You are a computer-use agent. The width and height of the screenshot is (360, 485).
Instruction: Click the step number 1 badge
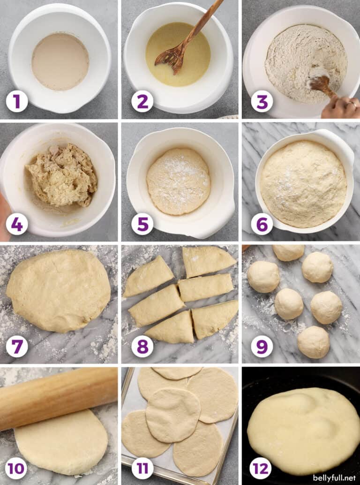[x=17, y=101]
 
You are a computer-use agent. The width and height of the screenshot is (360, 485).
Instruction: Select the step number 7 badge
[x=17, y=347]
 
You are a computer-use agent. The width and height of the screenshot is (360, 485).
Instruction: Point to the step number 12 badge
[x=261, y=468]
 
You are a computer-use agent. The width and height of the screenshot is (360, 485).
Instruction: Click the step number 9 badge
[x=262, y=347]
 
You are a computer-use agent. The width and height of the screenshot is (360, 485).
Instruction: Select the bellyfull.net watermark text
[x=333, y=477]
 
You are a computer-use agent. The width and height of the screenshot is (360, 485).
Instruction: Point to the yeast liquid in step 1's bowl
[x=60, y=61]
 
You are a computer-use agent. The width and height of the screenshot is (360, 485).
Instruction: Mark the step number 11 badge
[x=142, y=468]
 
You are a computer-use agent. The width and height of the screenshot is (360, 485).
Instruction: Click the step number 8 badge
[x=142, y=347]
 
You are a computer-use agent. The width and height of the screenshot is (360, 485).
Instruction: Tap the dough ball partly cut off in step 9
[x=288, y=252]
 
